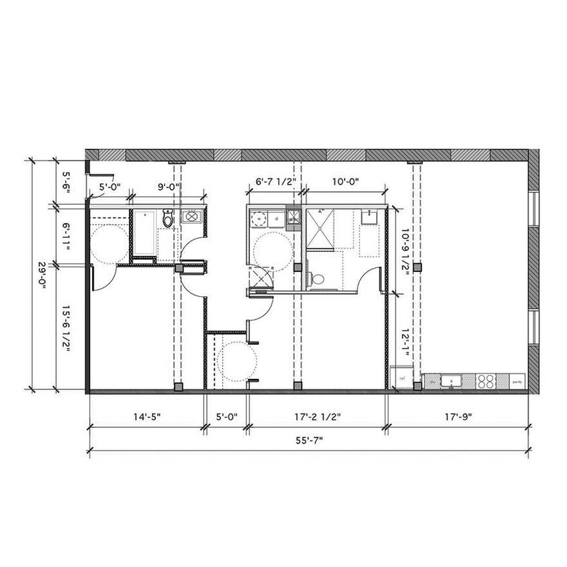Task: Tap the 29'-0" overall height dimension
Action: [42, 275]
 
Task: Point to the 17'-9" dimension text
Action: [458, 417]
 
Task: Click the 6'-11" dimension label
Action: [65, 236]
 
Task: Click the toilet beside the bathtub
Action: [168, 218]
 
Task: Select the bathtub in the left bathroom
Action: [144, 232]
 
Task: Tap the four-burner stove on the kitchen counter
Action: [485, 381]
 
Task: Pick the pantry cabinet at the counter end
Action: [517, 381]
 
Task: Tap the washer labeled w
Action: [259, 218]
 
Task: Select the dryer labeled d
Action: [277, 218]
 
